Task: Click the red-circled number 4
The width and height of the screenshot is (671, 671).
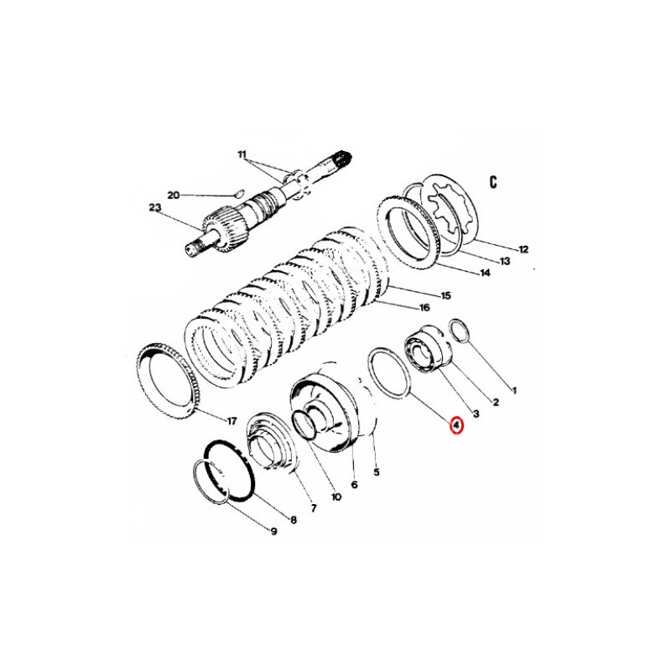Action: coord(456,425)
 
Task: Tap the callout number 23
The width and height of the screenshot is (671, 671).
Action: coord(155,208)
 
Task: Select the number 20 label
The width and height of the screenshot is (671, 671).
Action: coord(174,195)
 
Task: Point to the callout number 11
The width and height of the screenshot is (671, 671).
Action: coord(242,154)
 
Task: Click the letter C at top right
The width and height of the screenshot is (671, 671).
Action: coord(493,182)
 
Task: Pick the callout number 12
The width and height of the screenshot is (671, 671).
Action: coord(523,249)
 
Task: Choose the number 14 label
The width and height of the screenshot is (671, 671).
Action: coord(485,273)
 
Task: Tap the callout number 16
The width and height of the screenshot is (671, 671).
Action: coord(424,308)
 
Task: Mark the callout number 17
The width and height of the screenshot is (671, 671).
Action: coord(231,422)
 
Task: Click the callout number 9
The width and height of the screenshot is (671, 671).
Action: coord(273,532)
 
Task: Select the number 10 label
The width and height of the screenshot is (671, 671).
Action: coord(336,497)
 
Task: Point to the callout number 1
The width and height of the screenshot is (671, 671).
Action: coord(514,390)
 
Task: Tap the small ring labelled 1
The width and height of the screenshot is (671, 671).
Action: coord(460,330)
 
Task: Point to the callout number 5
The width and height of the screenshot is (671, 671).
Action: coord(377,472)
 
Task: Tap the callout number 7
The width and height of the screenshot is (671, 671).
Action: coord(314,508)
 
